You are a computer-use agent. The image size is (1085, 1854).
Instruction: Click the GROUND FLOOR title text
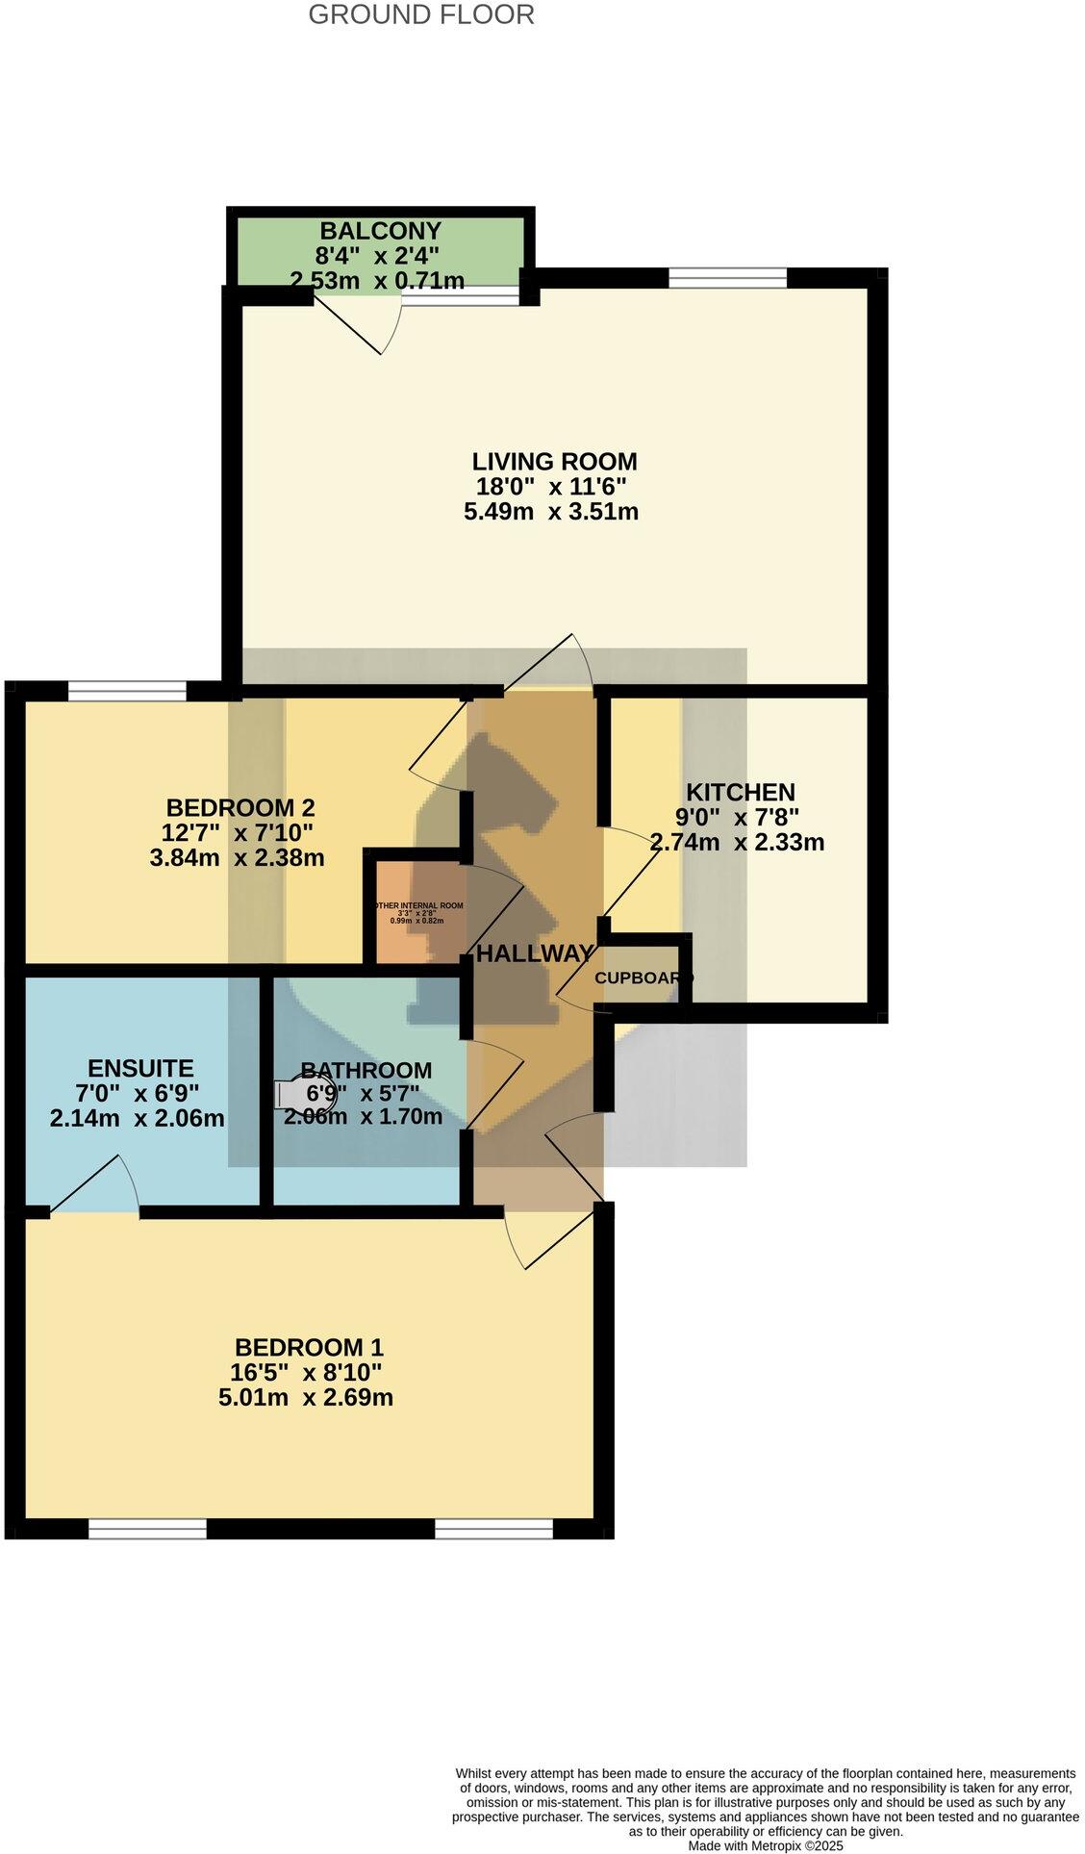pyautogui.click(x=420, y=15)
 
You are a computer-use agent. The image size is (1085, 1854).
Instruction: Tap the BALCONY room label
pyautogui.click(x=380, y=231)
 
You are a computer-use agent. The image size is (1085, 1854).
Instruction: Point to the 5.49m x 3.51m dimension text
pyautogui.click(x=550, y=511)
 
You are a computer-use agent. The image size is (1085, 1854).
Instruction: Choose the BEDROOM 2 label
pyautogui.click(x=240, y=807)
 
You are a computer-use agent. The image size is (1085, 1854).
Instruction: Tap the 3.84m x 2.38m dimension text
pyautogui.click(x=237, y=857)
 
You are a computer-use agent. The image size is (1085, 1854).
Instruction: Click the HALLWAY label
pyautogui.click(x=534, y=953)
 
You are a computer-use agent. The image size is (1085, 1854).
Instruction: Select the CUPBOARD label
pyautogui.click(x=642, y=978)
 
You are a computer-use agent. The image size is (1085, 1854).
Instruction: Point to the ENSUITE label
pyautogui.click(x=140, y=1068)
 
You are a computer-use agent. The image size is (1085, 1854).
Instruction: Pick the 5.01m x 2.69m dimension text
pyautogui.click(x=305, y=1397)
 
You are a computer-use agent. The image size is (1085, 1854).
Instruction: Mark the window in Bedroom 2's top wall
pyautogui.click(x=126, y=690)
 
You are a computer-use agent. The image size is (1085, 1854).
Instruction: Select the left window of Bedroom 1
pyautogui.click(x=147, y=1528)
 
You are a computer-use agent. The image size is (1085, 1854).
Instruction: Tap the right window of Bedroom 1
pyautogui.click(x=492, y=1528)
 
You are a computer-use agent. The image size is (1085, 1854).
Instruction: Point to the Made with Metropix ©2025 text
pyautogui.click(x=765, y=1845)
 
